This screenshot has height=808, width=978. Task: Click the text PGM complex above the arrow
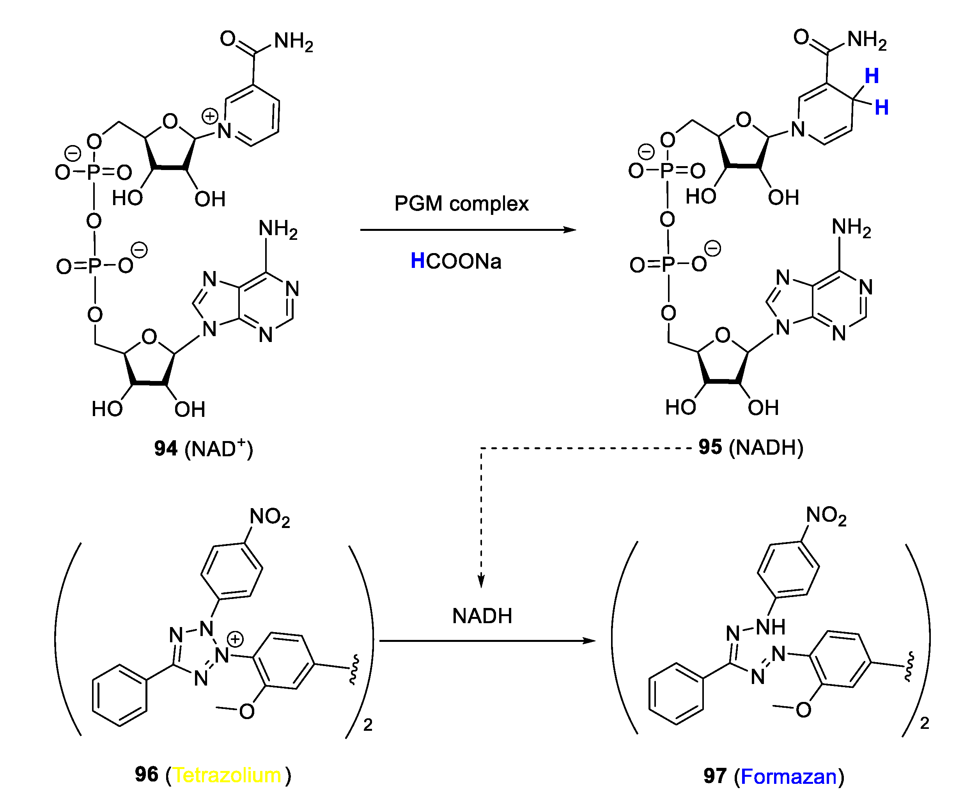click(461, 204)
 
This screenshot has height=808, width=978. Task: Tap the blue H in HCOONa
click(417, 260)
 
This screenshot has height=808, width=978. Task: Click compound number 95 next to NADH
click(710, 447)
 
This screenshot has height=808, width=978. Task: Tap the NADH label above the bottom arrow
click(482, 616)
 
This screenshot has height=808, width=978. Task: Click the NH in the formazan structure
click(771, 627)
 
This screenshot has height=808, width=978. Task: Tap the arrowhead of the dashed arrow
click(481, 582)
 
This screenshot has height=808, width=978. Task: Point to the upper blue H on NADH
click(872, 76)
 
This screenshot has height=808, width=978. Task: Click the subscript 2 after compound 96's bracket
click(368, 725)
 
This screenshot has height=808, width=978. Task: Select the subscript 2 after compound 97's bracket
click(925, 723)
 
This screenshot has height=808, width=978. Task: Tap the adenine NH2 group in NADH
click(850, 228)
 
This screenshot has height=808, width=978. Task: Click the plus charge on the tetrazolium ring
click(236, 639)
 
